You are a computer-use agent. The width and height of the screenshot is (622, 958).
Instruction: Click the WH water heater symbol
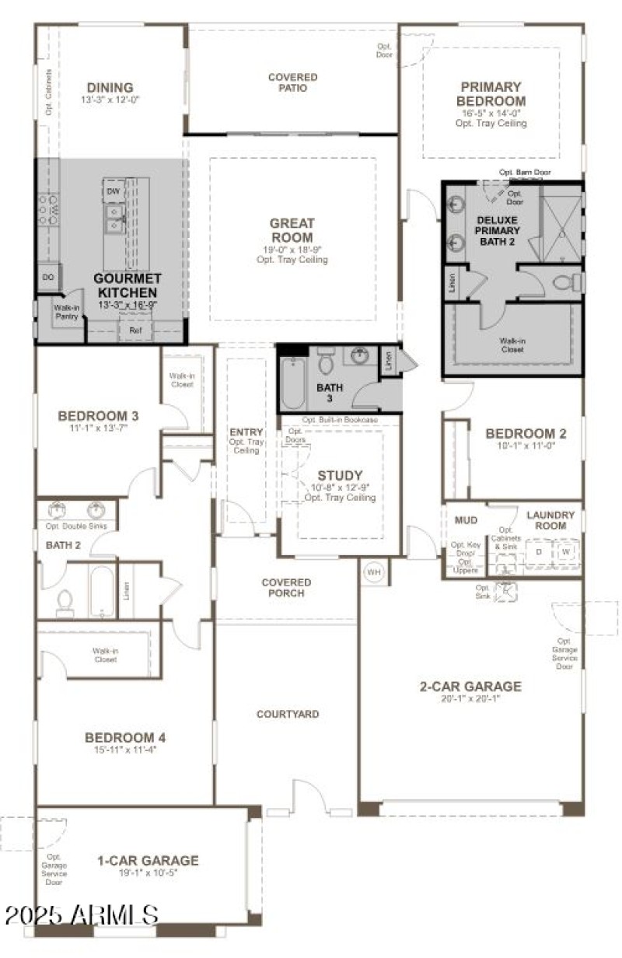click(x=375, y=572)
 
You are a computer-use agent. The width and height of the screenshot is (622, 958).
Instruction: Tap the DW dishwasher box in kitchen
click(x=114, y=191)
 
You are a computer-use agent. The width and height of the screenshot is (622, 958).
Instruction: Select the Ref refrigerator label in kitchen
click(x=136, y=330)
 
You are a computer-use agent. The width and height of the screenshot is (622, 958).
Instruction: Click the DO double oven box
click(x=47, y=277)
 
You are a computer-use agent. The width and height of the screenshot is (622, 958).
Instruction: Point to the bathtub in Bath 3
click(x=293, y=384)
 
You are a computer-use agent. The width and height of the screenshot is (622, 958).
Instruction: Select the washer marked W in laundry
click(x=565, y=551)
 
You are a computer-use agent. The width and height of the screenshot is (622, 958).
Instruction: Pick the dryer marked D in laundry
click(x=539, y=551)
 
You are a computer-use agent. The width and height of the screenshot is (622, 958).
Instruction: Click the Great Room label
click(x=292, y=230)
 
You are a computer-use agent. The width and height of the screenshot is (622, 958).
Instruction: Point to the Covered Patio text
click(x=292, y=82)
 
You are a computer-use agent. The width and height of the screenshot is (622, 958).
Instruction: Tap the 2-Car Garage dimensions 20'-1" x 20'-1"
click(x=470, y=698)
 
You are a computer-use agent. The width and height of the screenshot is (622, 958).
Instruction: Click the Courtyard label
click(x=288, y=714)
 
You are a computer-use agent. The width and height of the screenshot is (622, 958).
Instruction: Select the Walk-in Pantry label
click(x=68, y=312)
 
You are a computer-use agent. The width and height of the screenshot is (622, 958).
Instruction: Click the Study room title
click(x=340, y=475)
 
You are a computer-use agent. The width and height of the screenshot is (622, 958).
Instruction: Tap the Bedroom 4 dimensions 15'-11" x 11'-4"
click(x=125, y=750)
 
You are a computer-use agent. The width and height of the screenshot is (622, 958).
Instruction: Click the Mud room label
click(x=466, y=519)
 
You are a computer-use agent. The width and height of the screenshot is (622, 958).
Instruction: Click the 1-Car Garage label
click(x=148, y=861)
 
